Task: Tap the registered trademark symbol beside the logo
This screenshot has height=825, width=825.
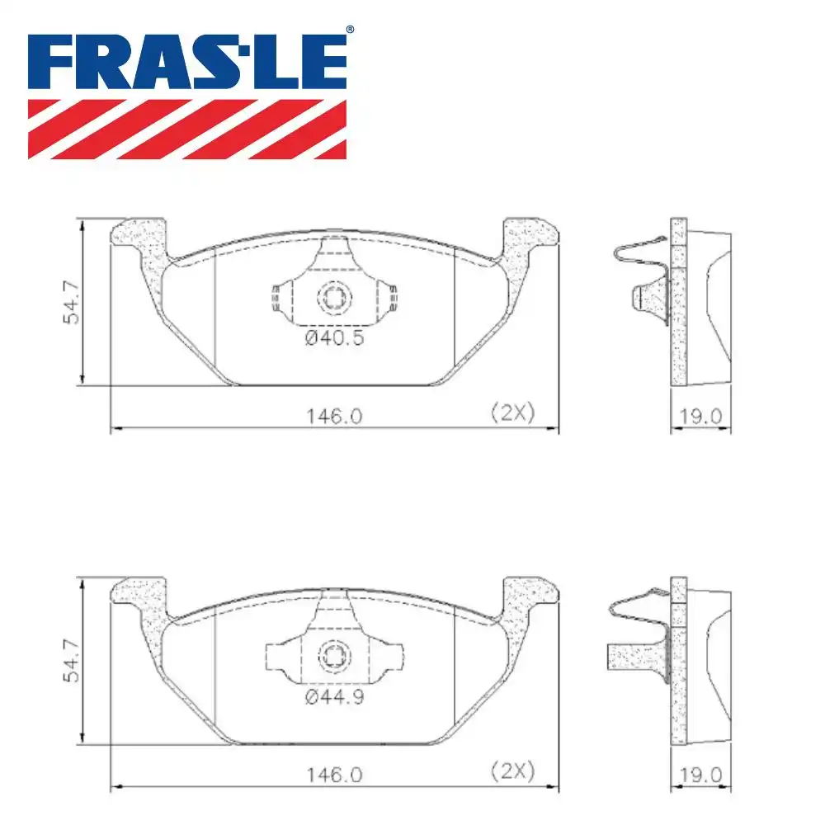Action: coord(350,30)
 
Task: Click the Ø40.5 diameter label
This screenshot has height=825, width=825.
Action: coord(334,338)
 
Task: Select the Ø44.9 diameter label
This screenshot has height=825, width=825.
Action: coord(334,698)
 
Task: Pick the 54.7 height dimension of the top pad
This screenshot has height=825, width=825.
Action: coord(73,302)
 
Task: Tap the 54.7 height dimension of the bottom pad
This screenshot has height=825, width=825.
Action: coord(73,660)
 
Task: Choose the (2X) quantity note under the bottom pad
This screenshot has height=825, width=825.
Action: coord(512,772)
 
